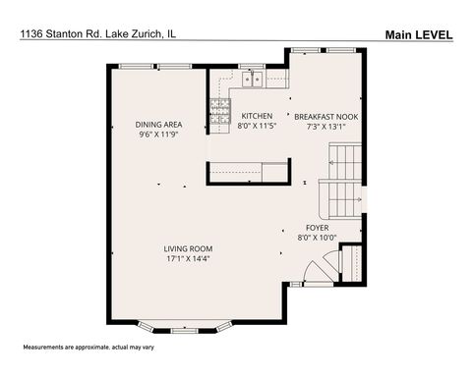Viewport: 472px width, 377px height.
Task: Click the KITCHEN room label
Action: (257, 115)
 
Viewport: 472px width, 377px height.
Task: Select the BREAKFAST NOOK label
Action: (325, 115)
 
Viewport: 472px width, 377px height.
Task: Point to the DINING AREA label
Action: (157, 124)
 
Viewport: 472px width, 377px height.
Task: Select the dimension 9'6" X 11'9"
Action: (157, 135)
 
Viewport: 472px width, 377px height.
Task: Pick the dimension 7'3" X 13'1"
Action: (327, 126)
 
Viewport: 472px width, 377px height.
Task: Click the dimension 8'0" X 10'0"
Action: (317, 237)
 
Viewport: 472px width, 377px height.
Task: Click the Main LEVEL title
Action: (418, 35)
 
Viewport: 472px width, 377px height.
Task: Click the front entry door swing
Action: (317, 268)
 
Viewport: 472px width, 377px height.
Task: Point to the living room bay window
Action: (186, 325)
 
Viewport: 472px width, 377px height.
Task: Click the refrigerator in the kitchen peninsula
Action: (275, 173)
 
